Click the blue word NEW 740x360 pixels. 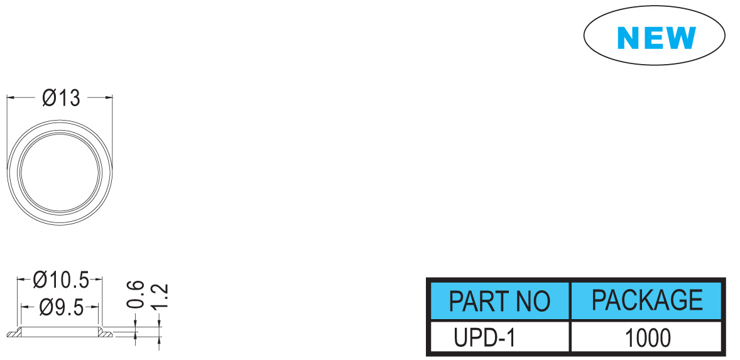click(x=656, y=38)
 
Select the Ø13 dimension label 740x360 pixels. click(x=62, y=98)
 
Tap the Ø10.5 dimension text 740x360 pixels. click(x=62, y=281)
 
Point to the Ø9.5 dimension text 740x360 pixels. click(x=62, y=308)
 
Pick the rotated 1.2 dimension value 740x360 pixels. click(x=161, y=297)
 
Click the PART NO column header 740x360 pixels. click(x=499, y=301)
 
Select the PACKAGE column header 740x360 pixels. click(x=647, y=300)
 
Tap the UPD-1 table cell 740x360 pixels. click(x=485, y=338)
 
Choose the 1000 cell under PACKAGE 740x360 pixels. click(x=648, y=338)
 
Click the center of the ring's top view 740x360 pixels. click(x=60, y=172)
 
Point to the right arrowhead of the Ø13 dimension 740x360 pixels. click(x=109, y=97)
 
